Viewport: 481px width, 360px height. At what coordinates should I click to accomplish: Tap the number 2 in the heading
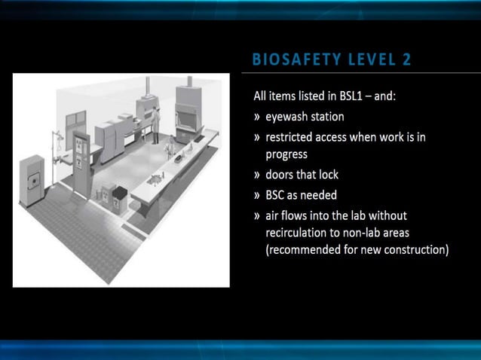407,59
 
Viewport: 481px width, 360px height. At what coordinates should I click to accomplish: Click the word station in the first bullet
328,117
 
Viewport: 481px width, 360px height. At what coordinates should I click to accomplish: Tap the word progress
286,154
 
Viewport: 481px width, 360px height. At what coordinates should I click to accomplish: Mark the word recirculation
298,232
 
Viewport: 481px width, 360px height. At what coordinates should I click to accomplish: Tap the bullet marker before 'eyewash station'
257,117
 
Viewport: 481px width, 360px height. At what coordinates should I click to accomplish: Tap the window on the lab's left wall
75,120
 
